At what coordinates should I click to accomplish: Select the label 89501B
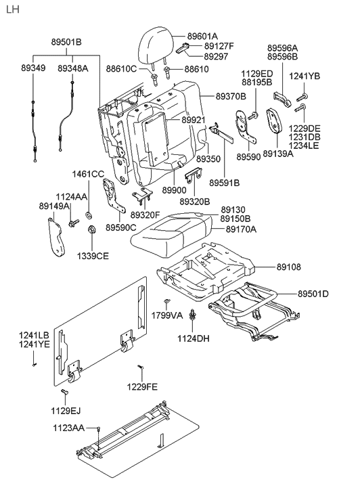click(66, 42)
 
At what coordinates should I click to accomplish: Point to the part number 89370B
click(231, 97)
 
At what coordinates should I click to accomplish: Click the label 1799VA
click(166, 315)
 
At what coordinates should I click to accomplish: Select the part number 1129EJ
click(68, 410)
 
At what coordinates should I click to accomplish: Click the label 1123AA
click(69, 428)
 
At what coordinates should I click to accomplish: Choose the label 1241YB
click(305, 76)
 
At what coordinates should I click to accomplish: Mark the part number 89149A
click(54, 206)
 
